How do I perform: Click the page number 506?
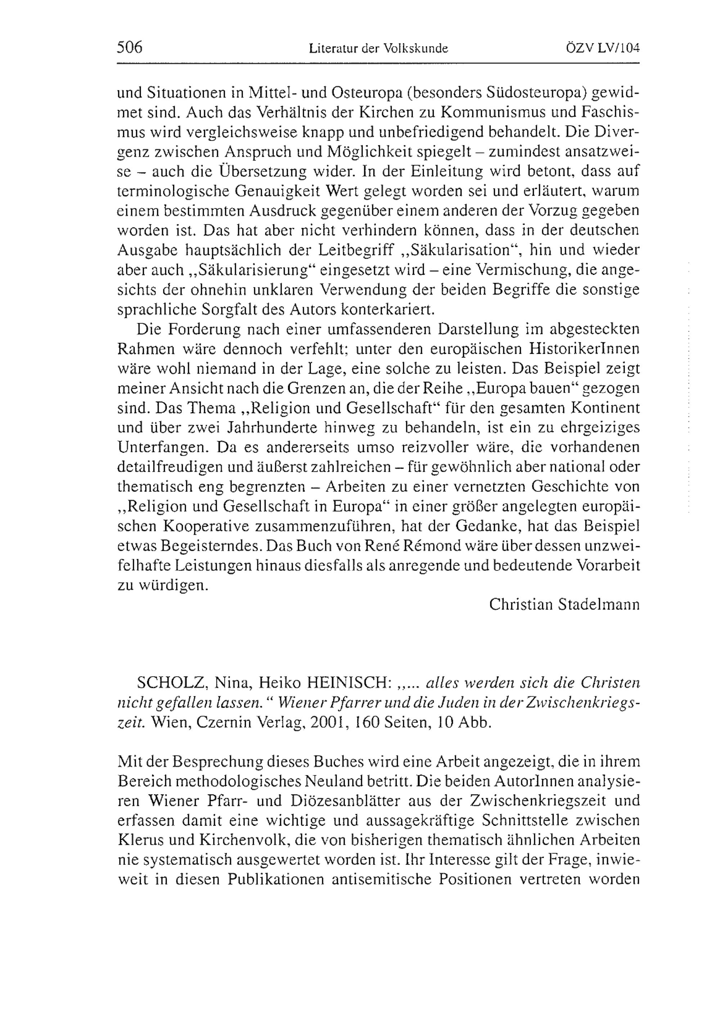(x=129, y=47)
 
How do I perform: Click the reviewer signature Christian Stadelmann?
(x=564, y=604)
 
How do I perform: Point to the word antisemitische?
(x=378, y=879)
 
